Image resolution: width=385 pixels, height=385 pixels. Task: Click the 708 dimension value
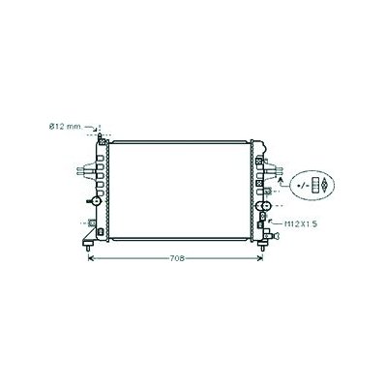pyautogui.click(x=177, y=258)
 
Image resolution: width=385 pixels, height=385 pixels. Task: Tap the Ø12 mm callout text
pyautogui.click(x=65, y=127)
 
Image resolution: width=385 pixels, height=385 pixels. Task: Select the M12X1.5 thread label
pyautogui.click(x=299, y=223)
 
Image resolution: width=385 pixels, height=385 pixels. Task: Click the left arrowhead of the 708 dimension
pyautogui.click(x=91, y=258)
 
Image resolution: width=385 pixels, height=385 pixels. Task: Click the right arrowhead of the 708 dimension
pyautogui.click(x=260, y=258)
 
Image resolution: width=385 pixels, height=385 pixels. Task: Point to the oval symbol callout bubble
pyautogui.click(x=311, y=185)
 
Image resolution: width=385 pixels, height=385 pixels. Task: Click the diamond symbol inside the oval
pyautogui.click(x=325, y=186)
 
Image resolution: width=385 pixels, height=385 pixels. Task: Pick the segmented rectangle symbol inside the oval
pyautogui.click(x=315, y=185)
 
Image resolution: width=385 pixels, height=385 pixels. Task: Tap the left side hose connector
pyautogui.click(x=84, y=170)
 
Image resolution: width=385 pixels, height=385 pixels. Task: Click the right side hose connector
pyautogui.click(x=274, y=169)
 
